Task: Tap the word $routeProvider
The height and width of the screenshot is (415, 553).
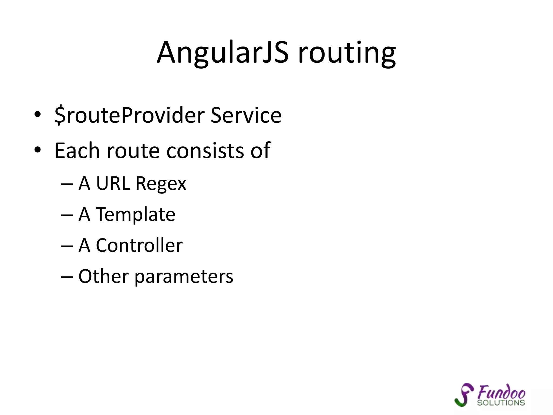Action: tap(130, 115)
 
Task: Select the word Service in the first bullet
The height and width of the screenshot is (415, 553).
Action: tap(246, 115)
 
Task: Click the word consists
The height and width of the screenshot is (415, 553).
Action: tap(205, 150)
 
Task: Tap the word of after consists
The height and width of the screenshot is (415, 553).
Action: tap(260, 150)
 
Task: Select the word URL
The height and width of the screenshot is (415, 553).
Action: tap(113, 183)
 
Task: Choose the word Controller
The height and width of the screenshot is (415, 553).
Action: tap(139, 246)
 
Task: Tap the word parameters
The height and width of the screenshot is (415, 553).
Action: tap(184, 277)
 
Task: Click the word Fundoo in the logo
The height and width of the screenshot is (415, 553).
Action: tap(501, 392)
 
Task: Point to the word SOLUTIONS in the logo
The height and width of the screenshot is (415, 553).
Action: tap(501, 403)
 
